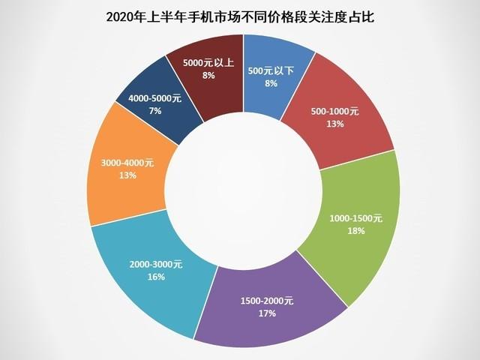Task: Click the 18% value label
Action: pyautogui.click(x=356, y=231)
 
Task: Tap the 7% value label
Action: pyautogui.click(x=155, y=111)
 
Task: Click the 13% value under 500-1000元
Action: pyautogui.click(x=334, y=124)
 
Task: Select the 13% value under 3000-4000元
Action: pyautogui.click(x=127, y=175)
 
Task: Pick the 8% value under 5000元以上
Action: pyautogui.click(x=208, y=75)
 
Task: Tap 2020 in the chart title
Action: pyautogui.click(x=124, y=16)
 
